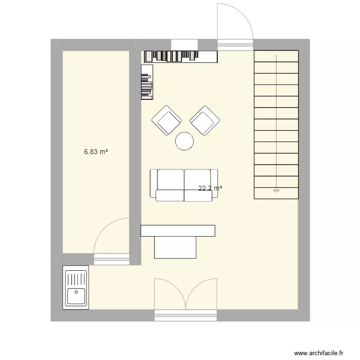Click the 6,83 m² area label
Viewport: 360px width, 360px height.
point(96,152)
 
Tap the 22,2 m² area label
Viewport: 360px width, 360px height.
point(210,189)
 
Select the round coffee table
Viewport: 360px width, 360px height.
point(184,141)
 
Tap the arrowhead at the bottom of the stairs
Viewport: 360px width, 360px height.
point(276,191)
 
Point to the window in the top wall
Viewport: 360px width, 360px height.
point(184,45)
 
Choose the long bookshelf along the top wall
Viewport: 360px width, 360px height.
point(180,56)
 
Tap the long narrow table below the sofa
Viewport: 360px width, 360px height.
point(177,231)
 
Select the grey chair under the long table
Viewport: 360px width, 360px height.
point(175,247)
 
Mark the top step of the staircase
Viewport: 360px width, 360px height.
point(276,56)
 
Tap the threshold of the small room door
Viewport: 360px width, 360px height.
point(111,260)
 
